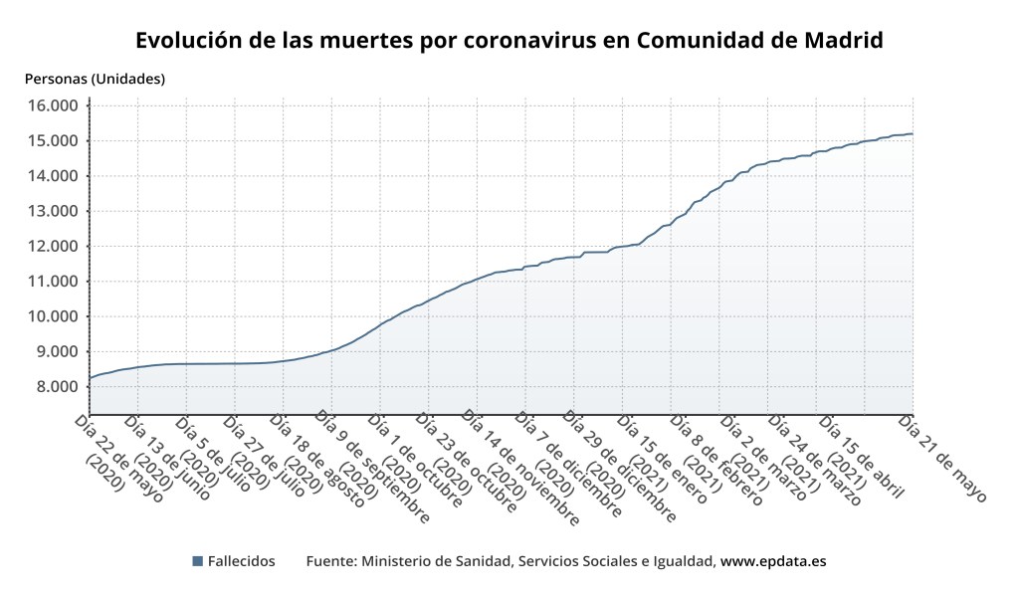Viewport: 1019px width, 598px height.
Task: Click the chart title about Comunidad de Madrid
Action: [x=509, y=42]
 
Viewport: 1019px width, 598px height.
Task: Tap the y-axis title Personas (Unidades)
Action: [x=95, y=79]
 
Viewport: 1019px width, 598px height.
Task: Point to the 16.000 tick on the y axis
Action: [x=51, y=105]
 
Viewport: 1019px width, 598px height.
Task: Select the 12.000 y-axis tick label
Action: [x=51, y=246]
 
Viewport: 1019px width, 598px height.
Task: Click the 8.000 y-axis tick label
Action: [x=55, y=386]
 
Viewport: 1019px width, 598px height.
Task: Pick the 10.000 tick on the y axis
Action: [x=51, y=316]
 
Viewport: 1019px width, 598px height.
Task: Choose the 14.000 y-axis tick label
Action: [x=51, y=176]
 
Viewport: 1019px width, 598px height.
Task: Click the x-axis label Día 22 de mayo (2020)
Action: [x=117, y=456]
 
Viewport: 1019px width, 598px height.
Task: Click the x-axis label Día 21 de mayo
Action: [x=942, y=459]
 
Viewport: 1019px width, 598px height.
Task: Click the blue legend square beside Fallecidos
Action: [x=197, y=562]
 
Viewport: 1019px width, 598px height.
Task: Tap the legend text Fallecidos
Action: [x=241, y=562]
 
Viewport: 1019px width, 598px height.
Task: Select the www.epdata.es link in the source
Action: [x=773, y=562]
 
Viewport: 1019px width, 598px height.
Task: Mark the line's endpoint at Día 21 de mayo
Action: [x=913, y=133]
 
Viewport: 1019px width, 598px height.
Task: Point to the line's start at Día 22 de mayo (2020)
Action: [x=90, y=378]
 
